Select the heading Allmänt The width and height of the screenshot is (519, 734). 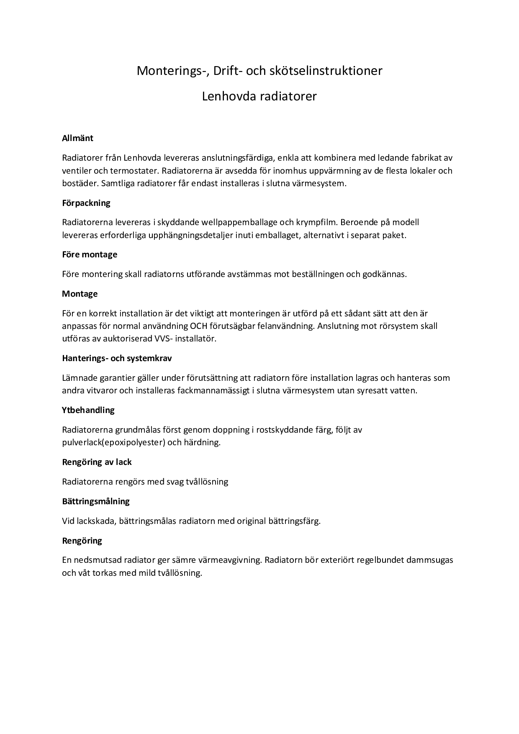(x=77, y=138)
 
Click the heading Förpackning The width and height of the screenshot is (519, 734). (x=86, y=203)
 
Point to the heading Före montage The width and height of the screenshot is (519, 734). (x=90, y=254)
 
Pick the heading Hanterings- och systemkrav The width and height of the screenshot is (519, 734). (x=117, y=358)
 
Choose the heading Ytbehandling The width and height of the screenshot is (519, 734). (x=88, y=410)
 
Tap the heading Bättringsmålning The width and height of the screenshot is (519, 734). (x=96, y=501)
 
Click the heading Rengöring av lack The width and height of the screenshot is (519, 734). (x=97, y=462)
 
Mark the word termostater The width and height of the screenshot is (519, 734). (x=134, y=171)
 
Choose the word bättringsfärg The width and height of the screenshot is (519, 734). (x=295, y=521)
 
